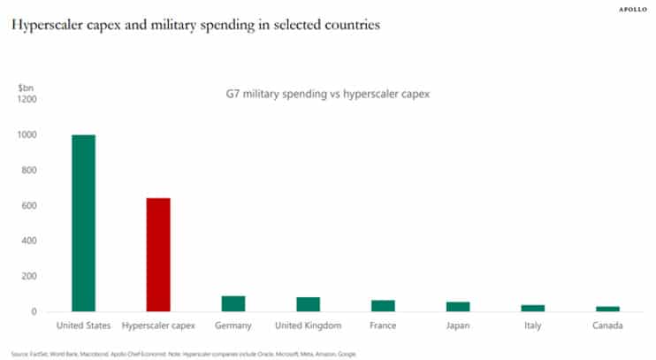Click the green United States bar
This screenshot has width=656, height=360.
click(x=83, y=223)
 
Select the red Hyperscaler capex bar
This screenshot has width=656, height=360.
click(x=157, y=255)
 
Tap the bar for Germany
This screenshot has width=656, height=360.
click(x=233, y=303)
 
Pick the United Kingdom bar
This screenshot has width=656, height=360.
click(x=308, y=304)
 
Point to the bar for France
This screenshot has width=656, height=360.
click(x=383, y=306)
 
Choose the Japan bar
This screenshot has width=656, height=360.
click(x=458, y=307)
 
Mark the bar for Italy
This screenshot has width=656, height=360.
click(x=533, y=308)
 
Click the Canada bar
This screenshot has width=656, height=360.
click(x=607, y=309)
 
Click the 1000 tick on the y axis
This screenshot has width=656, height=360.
click(x=26, y=134)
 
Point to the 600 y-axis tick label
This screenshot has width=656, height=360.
click(x=28, y=205)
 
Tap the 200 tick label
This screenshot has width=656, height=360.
click(x=28, y=276)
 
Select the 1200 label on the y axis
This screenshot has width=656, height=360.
click(x=26, y=99)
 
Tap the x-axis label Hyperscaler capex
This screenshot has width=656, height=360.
click(x=158, y=326)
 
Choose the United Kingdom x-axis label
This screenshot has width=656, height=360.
click(x=308, y=326)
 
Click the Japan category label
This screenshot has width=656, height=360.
click(x=458, y=326)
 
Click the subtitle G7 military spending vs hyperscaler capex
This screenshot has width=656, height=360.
click(x=324, y=94)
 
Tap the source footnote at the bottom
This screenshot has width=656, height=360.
click(x=184, y=353)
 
